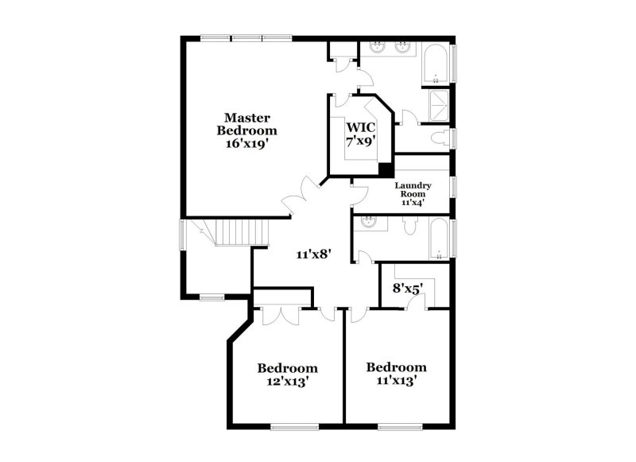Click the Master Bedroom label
click(250, 124)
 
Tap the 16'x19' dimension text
click(250, 145)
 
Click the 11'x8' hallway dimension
click(313, 254)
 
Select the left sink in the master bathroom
click(378, 49)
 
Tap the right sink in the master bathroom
click(404, 49)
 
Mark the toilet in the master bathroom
click(440, 138)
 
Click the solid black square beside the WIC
click(386, 169)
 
